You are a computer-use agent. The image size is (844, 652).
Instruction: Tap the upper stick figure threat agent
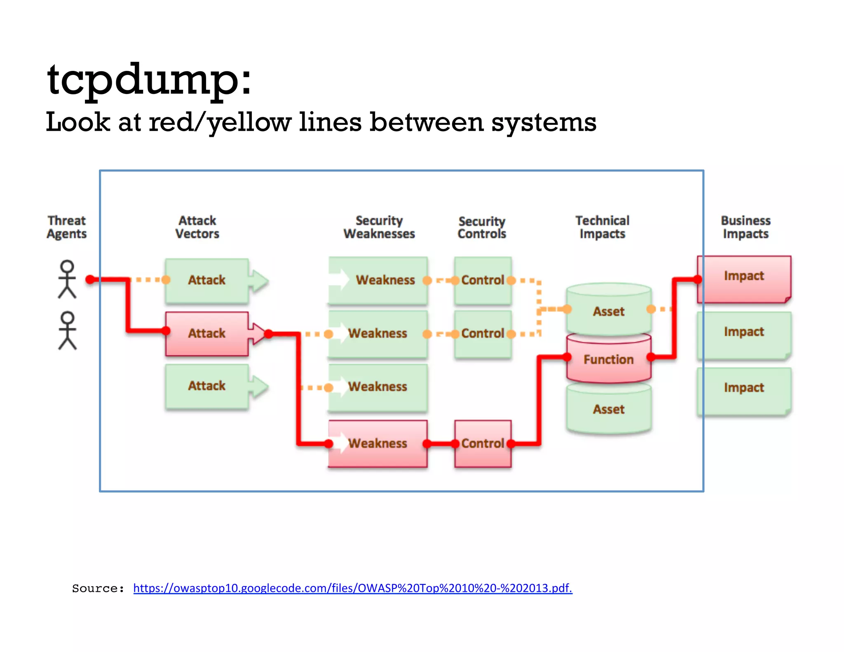67,279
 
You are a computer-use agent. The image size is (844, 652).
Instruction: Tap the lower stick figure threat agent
67,331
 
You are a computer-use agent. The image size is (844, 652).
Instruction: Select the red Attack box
206,333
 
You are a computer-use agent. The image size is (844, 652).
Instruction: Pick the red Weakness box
377,443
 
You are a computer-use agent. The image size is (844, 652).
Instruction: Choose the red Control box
483,443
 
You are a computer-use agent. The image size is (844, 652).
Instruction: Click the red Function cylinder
608,359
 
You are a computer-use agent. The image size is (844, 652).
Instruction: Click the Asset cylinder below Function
608,409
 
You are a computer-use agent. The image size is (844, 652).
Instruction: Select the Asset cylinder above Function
608,311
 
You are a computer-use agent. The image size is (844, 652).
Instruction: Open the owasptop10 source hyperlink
352,588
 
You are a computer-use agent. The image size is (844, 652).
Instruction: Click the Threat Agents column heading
67,227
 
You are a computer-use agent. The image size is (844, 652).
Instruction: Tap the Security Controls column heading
482,227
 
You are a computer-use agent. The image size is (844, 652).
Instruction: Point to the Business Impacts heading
746,227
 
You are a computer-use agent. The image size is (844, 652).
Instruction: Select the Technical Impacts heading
602,227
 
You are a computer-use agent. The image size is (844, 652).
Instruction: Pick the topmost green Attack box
206,280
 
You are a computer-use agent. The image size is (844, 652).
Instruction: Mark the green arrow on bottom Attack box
259,386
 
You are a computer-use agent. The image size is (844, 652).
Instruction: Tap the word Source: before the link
98,588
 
